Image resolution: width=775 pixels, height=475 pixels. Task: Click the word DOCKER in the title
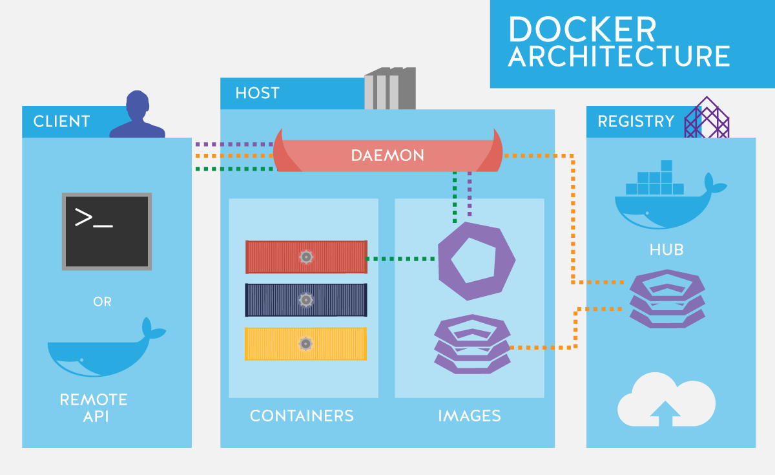(582, 30)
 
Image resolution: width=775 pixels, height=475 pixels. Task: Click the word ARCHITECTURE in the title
(619, 57)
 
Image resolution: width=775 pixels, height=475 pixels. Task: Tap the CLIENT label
(61, 121)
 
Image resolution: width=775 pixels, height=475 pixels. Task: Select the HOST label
(257, 93)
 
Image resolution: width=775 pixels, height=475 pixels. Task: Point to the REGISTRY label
(635, 121)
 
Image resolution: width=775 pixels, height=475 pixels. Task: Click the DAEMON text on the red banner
(387, 156)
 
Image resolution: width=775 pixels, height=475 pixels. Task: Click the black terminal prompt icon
(107, 231)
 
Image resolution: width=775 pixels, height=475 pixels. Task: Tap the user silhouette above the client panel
(138, 116)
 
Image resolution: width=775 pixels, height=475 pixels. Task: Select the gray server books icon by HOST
(390, 89)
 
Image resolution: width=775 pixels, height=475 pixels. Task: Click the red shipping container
(306, 257)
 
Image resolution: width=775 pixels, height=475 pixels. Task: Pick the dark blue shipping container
(306, 300)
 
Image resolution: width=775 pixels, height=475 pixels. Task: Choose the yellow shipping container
(306, 343)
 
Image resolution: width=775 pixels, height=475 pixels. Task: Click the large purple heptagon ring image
(477, 260)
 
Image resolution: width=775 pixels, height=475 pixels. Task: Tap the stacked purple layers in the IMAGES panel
(471, 344)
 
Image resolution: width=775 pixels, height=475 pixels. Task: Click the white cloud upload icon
(666, 401)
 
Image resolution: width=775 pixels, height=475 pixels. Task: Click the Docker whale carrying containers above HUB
(665, 197)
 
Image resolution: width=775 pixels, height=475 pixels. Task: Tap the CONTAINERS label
(302, 416)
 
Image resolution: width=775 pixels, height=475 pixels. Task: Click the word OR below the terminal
(102, 302)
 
